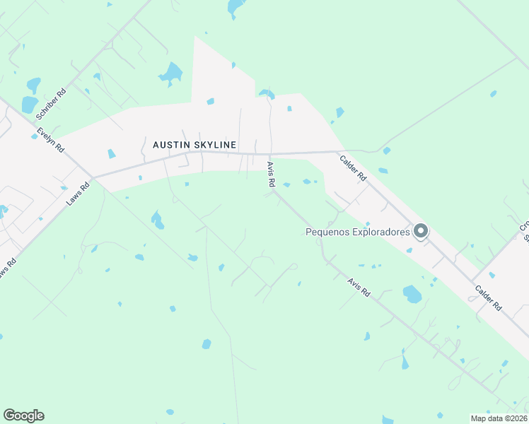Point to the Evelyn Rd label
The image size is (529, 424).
[x=52, y=140]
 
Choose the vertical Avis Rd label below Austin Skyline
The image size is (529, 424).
[x=271, y=174]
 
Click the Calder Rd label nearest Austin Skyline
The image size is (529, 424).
[x=352, y=169]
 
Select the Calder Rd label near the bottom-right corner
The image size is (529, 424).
[x=489, y=298]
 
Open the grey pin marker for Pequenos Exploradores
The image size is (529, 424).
[x=421, y=231]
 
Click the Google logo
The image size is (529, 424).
[x=23, y=416]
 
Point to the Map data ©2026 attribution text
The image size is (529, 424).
[x=499, y=418]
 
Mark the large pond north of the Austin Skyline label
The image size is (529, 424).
[x=171, y=72]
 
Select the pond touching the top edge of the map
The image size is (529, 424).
[x=235, y=7]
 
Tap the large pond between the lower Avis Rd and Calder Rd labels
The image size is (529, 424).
[x=412, y=293]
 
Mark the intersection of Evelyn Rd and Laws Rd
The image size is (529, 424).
[x=93, y=177]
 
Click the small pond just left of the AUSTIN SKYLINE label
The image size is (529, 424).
[x=111, y=153]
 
